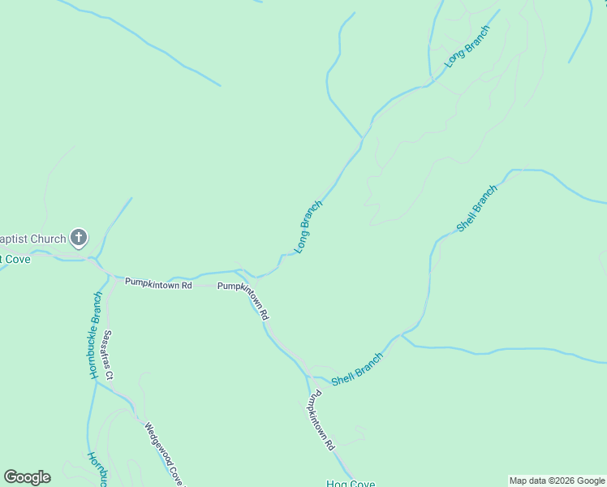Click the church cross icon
coord(79,238)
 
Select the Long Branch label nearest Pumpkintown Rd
coord(308,226)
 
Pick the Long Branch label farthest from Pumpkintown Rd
coord(467,47)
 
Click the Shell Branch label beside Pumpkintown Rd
coord(357,368)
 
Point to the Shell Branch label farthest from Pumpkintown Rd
coord(476,209)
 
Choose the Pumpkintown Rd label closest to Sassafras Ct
coord(158,285)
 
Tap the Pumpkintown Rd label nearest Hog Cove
coord(320,420)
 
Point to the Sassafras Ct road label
coord(108,355)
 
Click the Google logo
coord(27,477)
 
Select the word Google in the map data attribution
coord(584,481)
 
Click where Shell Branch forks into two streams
coord(403,334)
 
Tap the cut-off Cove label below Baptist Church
coord(15,258)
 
